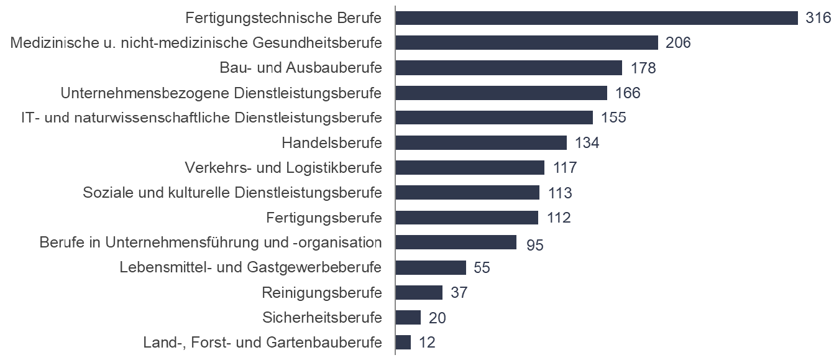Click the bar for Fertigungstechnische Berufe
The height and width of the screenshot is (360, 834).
point(597,18)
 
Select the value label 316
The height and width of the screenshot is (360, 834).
point(818,18)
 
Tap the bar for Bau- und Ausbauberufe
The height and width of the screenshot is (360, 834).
point(508,68)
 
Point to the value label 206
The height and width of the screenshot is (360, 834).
point(678,43)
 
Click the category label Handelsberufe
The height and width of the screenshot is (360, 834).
point(331,143)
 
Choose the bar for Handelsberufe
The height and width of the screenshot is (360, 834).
point(481,143)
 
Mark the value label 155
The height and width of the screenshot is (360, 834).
point(613,118)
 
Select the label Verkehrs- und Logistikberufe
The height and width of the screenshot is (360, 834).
point(283,168)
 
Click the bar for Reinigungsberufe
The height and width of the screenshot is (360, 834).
point(419,292)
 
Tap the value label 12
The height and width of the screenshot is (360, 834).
point(427,343)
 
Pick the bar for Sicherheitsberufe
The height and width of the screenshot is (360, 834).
point(408,318)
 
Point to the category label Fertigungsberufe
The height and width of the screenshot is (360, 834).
point(324,218)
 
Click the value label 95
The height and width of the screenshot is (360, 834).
point(534,244)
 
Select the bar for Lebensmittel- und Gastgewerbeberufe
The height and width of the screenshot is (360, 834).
point(431,267)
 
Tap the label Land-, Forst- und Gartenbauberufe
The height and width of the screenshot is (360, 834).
point(262,343)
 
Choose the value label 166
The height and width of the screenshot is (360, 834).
point(627,93)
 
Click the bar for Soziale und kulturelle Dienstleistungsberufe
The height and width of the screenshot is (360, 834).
point(467,193)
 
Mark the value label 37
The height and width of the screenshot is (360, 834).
point(459,293)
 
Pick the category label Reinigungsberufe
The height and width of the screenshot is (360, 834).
point(322,292)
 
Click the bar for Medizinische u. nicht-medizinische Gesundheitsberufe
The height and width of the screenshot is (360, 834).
point(526,43)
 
